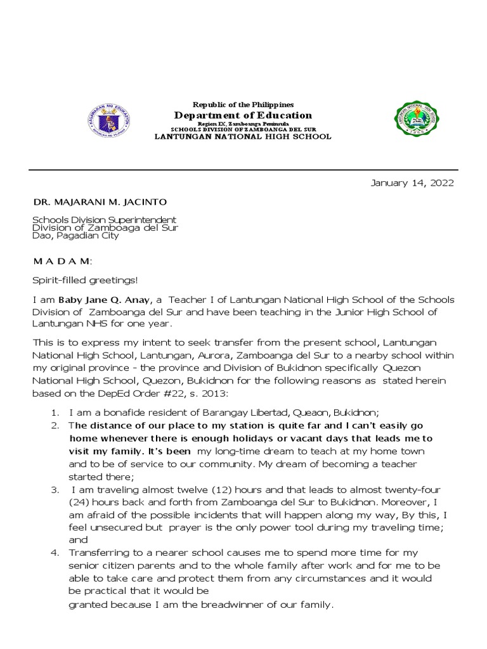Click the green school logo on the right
coord(416,119)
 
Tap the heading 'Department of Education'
coord(243,115)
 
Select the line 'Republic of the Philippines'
coord(243,104)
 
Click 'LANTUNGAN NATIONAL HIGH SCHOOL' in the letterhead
coord(243,136)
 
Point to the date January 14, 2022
coord(412,183)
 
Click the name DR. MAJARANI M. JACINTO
coord(100,202)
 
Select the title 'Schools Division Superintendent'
coord(104,220)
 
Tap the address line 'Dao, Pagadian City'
coord(75,235)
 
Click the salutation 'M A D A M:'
coord(62,261)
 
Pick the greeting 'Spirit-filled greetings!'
coord(85,280)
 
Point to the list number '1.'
coord(55,413)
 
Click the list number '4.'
coord(55,553)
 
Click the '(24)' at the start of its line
coord(81,503)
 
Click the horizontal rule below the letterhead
coord(243,170)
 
